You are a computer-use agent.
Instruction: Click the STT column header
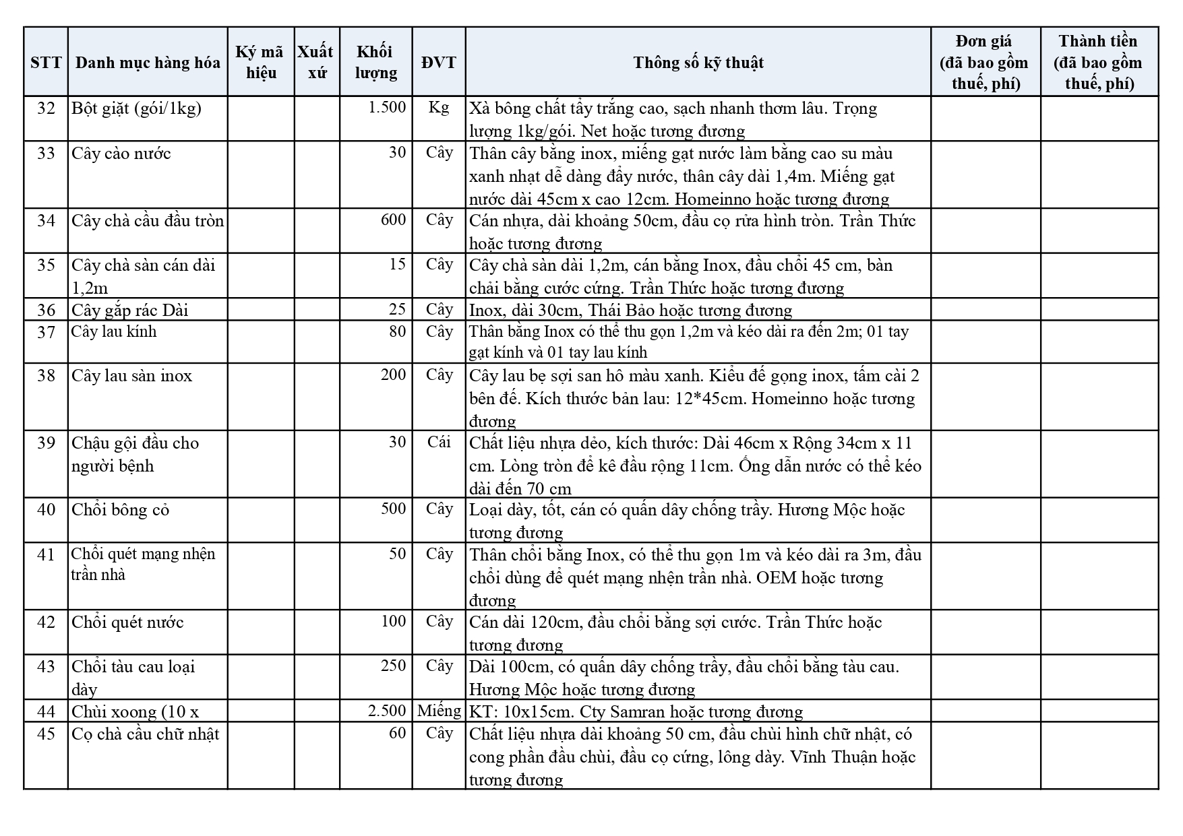pyautogui.click(x=46, y=63)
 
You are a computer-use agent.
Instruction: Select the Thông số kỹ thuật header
pyautogui.click(x=698, y=63)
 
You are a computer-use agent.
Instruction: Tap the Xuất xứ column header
pyautogui.click(x=316, y=63)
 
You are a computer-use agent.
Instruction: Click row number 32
pyautogui.click(x=46, y=108)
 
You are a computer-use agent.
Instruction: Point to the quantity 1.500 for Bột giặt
pyautogui.click(x=388, y=108)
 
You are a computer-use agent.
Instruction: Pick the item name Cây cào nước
pyautogui.click(x=121, y=154)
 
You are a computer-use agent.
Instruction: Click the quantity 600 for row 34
pyautogui.click(x=394, y=220)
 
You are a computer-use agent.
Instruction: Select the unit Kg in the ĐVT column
pyautogui.click(x=439, y=108)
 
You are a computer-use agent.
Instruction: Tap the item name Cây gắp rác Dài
pyautogui.click(x=130, y=310)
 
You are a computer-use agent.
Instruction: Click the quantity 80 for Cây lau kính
pyautogui.click(x=398, y=331)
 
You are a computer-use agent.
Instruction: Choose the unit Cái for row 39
pyautogui.click(x=439, y=442)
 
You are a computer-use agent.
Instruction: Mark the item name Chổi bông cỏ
pyautogui.click(x=121, y=510)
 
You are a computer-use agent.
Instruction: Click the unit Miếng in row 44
pyautogui.click(x=439, y=711)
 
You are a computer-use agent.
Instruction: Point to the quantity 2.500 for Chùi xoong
pyautogui.click(x=388, y=711)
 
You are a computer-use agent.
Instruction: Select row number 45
pyautogui.click(x=46, y=734)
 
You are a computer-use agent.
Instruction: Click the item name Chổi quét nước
pyautogui.click(x=127, y=622)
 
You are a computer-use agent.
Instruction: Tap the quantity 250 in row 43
pyautogui.click(x=394, y=666)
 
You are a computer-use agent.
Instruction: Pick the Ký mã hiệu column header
pyautogui.click(x=261, y=63)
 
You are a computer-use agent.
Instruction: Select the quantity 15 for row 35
pyautogui.click(x=398, y=264)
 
